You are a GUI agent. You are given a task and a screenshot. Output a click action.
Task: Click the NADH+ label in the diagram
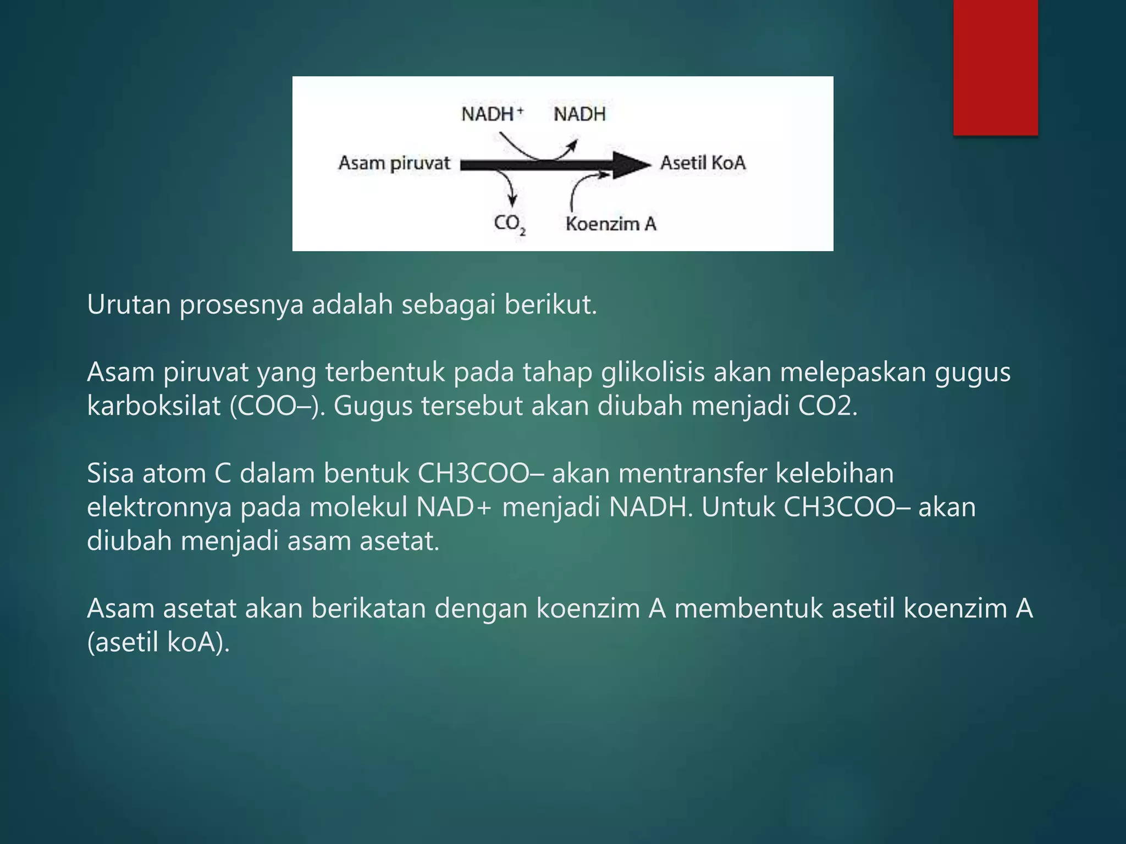coord(492,114)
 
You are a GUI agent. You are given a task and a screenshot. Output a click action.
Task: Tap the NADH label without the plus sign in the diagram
coord(579,114)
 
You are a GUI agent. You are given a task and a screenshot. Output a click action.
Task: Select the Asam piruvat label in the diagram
coord(394,163)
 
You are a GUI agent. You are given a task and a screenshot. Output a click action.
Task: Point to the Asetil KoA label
coord(703,163)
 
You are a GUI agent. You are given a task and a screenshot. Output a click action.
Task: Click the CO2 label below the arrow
coord(509,224)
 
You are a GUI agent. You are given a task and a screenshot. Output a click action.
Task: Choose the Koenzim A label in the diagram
coord(611,224)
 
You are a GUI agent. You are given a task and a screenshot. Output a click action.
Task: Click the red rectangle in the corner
coord(995,67)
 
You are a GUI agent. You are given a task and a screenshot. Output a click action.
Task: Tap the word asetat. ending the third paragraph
coord(399,541)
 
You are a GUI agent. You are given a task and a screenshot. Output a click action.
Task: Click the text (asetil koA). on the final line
coord(158,642)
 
